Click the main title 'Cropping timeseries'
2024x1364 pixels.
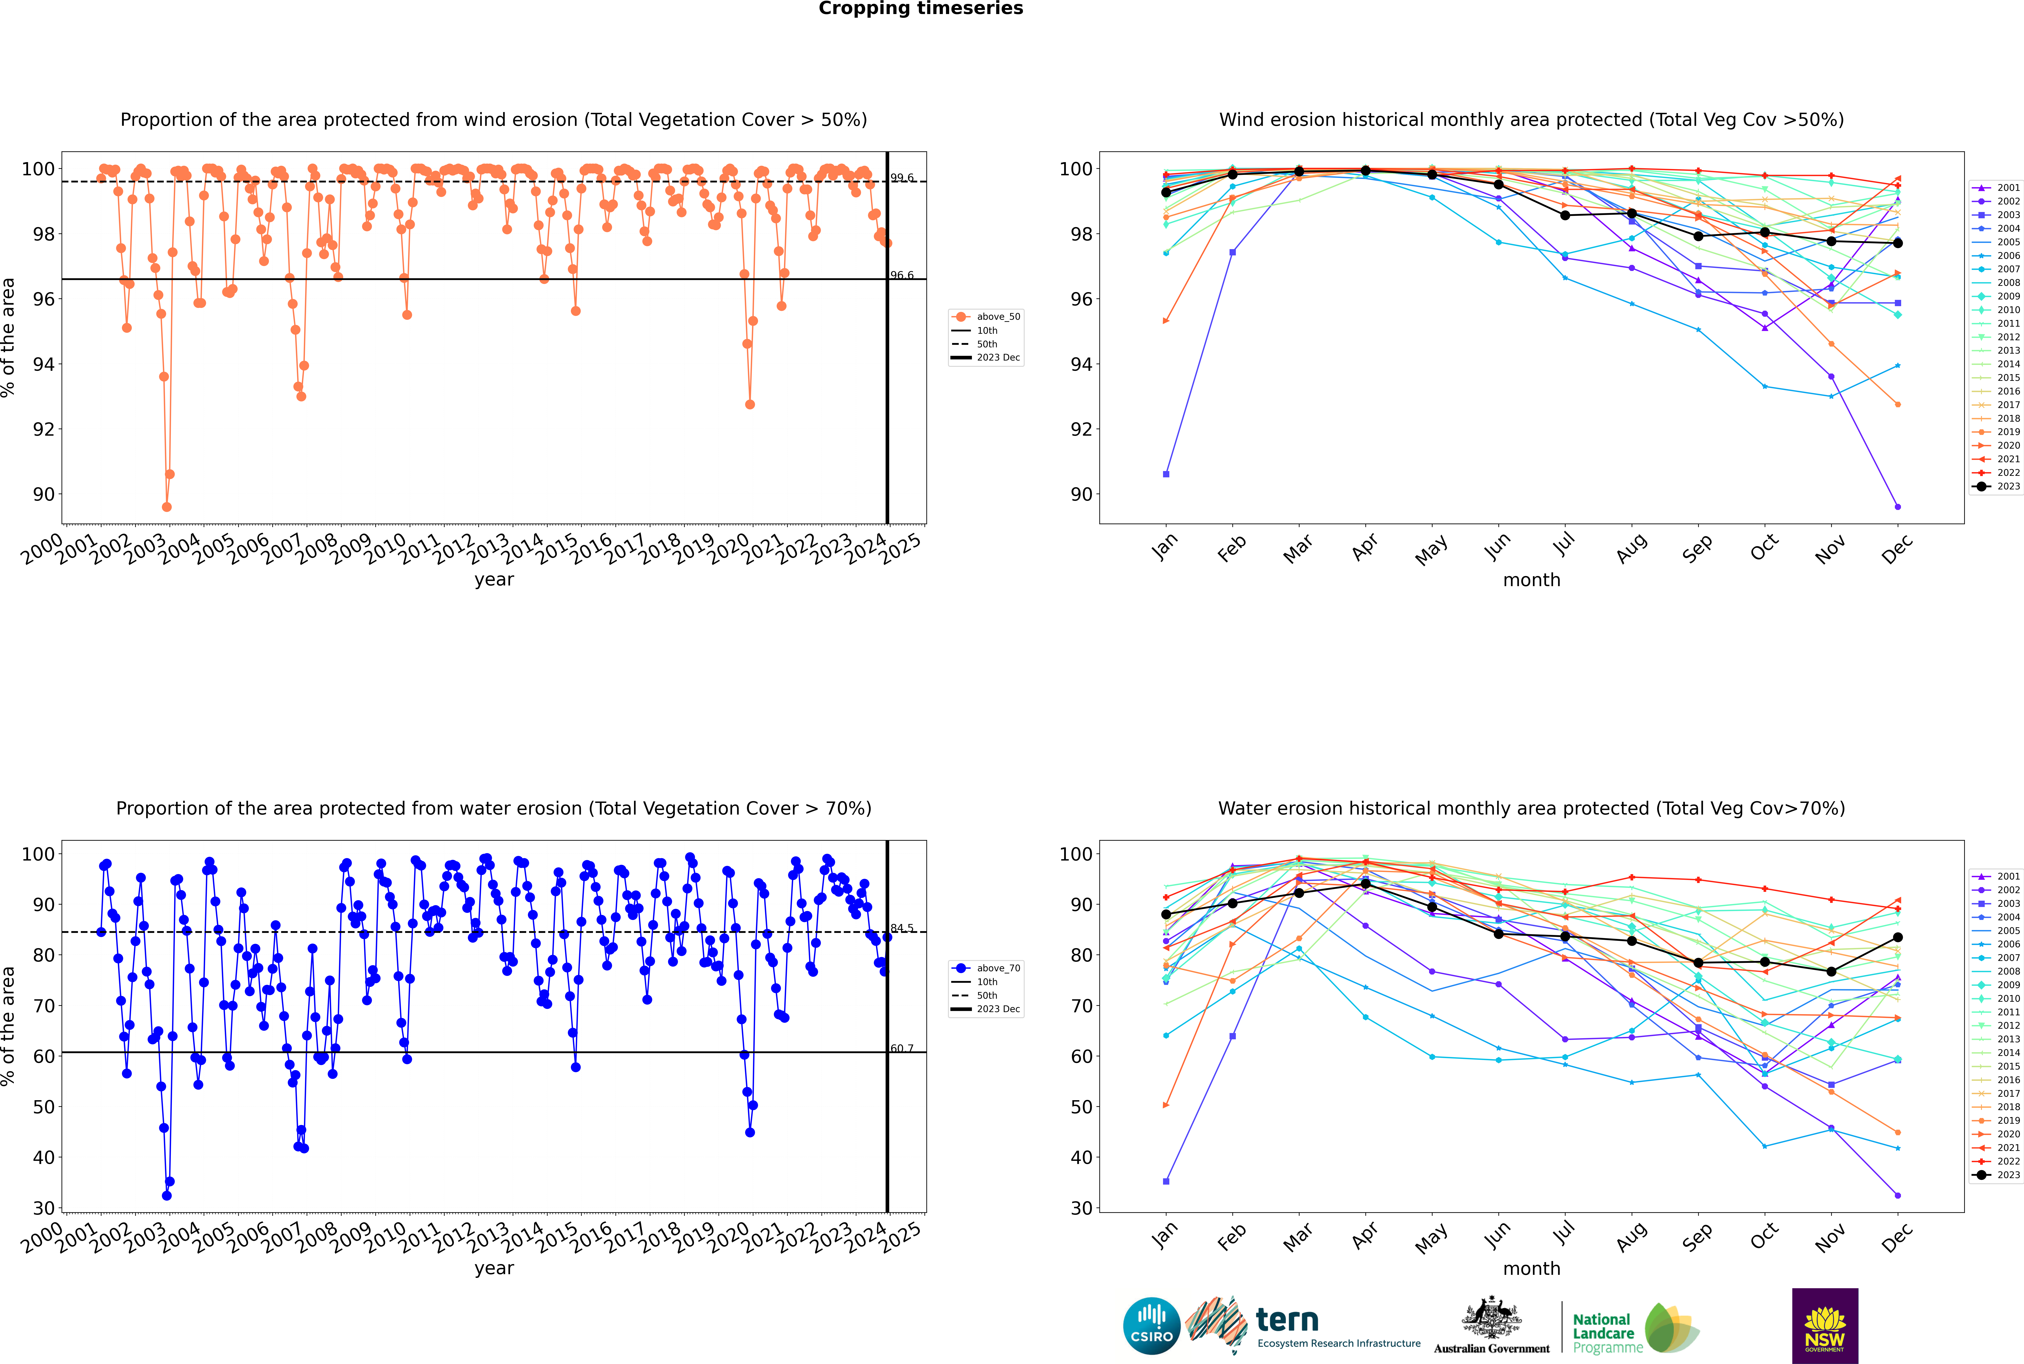pos(921,9)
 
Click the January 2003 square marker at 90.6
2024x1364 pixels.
pos(1166,474)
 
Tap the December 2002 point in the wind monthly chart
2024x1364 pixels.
pos(1898,506)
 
